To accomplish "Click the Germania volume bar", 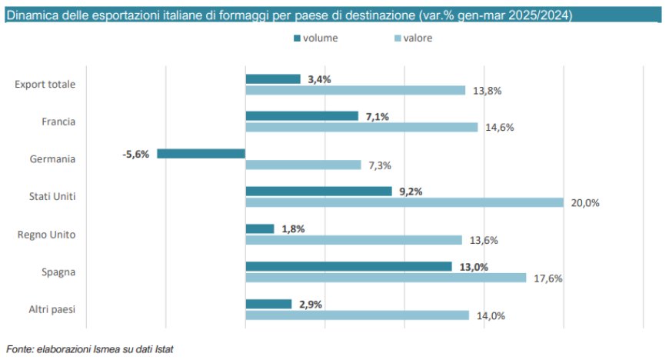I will tap(201, 153).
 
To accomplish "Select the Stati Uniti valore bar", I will tap(404, 202).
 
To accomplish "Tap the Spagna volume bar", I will tap(348, 266).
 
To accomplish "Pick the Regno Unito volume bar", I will tap(260, 228).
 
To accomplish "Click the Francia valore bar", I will tap(361, 127).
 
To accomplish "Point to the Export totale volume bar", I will tap(273, 78).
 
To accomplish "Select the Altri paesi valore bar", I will tap(357, 315).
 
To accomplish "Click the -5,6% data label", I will tap(136, 153).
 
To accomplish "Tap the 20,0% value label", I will tap(585, 203).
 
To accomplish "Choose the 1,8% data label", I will tap(293, 228).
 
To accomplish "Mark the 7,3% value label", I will tap(379, 165).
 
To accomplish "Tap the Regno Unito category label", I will tap(47, 234).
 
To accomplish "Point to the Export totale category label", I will tap(45, 84).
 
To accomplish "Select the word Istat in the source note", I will tap(162, 349).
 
